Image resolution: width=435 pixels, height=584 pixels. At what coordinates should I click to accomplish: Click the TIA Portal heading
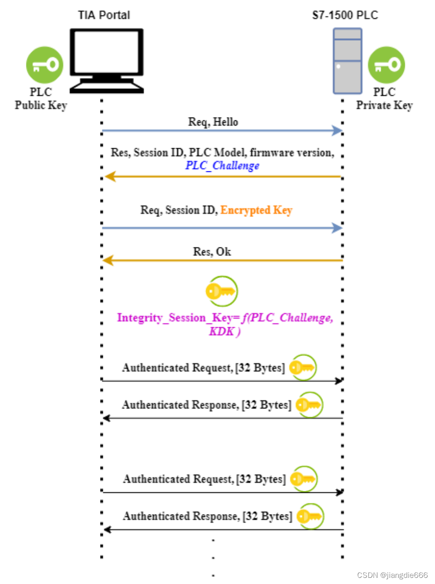(104, 15)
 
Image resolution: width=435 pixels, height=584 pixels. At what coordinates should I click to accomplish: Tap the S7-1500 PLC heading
(345, 15)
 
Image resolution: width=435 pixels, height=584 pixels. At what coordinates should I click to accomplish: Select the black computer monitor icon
(107, 59)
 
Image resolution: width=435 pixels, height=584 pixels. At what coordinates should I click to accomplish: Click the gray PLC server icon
(348, 60)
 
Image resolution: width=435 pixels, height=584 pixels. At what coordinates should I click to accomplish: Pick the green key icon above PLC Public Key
(45, 65)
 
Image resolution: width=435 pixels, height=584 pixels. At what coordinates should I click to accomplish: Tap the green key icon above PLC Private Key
(386, 65)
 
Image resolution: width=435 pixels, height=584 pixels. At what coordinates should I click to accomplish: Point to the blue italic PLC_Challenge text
(222, 166)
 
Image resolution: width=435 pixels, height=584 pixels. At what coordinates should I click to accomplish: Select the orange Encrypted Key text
(256, 210)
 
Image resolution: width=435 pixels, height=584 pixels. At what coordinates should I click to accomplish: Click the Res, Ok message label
(212, 251)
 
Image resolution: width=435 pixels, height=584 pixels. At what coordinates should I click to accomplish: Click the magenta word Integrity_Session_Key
(162, 318)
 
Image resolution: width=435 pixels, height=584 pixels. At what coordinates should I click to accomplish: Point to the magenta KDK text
(222, 331)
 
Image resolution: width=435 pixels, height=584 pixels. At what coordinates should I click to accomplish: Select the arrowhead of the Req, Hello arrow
(337, 130)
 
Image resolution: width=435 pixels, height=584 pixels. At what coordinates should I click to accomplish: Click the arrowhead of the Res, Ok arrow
(109, 260)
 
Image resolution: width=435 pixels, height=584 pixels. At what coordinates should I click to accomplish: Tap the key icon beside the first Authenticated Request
(302, 367)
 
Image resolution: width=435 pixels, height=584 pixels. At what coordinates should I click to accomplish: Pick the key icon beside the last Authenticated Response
(310, 516)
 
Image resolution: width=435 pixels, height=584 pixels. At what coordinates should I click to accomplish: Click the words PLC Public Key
(41, 99)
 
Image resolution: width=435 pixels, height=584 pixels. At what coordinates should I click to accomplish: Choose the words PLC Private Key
(384, 99)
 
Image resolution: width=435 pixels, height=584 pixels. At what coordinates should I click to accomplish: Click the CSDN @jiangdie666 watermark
(392, 575)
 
